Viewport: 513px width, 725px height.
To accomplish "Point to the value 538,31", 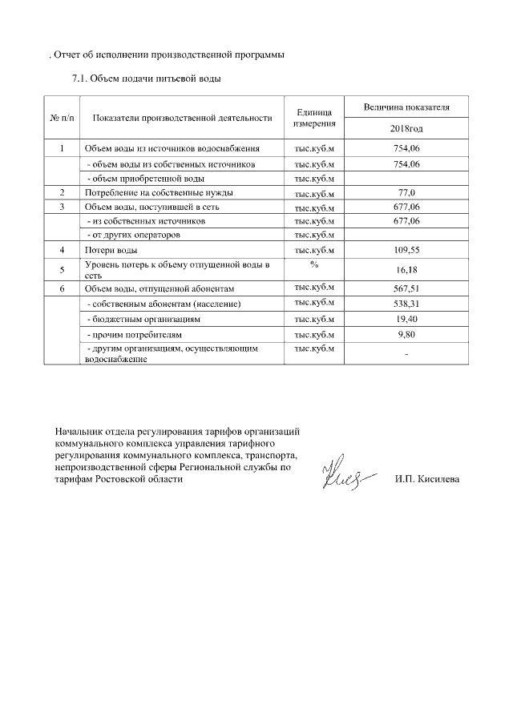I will click(x=408, y=304).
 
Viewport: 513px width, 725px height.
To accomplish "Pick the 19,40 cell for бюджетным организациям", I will click(x=408, y=319).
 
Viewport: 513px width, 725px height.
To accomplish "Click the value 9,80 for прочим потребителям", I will click(x=408, y=334).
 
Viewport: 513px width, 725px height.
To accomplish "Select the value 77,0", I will click(x=408, y=193).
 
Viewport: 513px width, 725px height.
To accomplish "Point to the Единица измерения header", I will click(x=314, y=118).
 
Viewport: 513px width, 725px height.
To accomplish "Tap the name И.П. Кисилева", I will click(x=427, y=479).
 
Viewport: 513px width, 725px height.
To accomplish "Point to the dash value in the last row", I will click(x=407, y=354).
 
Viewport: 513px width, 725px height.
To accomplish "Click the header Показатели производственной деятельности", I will click(x=183, y=118).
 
